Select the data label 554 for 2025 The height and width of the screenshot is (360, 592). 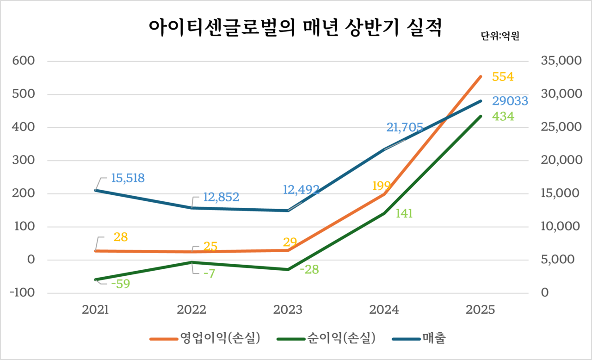click(x=503, y=77)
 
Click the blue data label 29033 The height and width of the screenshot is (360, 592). click(x=510, y=101)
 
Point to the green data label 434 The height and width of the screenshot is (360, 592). click(x=503, y=117)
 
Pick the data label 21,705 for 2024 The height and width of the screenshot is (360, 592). click(x=405, y=127)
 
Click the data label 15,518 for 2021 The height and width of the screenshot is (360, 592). click(x=128, y=178)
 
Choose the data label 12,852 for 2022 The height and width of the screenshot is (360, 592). click(x=221, y=198)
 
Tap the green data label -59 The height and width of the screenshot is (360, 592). click(x=120, y=284)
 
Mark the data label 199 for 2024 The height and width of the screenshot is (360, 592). click(x=382, y=186)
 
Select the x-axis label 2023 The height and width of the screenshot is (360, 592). click(x=288, y=310)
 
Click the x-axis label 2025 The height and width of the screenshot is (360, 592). click(x=481, y=310)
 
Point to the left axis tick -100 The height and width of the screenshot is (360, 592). click(x=24, y=293)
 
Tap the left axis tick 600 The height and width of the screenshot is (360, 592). click(x=25, y=61)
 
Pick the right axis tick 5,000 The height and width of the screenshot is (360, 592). click(x=556, y=260)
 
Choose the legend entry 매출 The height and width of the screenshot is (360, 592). click(x=433, y=338)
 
